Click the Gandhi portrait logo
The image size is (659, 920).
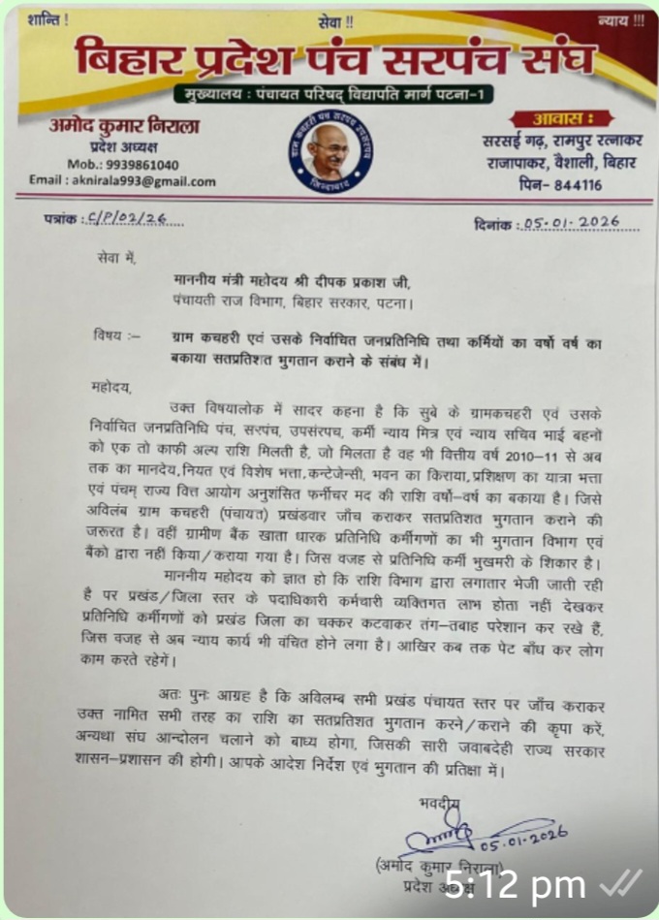tap(329, 156)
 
